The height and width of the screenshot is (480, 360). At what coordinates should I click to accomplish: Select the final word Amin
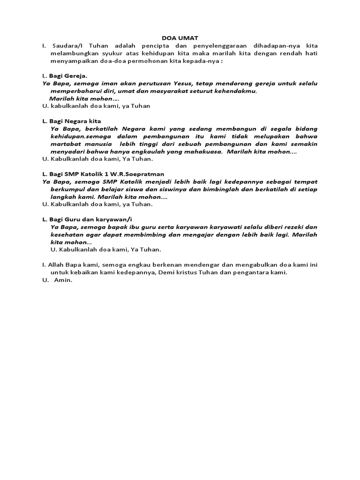(62, 280)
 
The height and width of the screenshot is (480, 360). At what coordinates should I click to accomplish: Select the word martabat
(65, 144)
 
